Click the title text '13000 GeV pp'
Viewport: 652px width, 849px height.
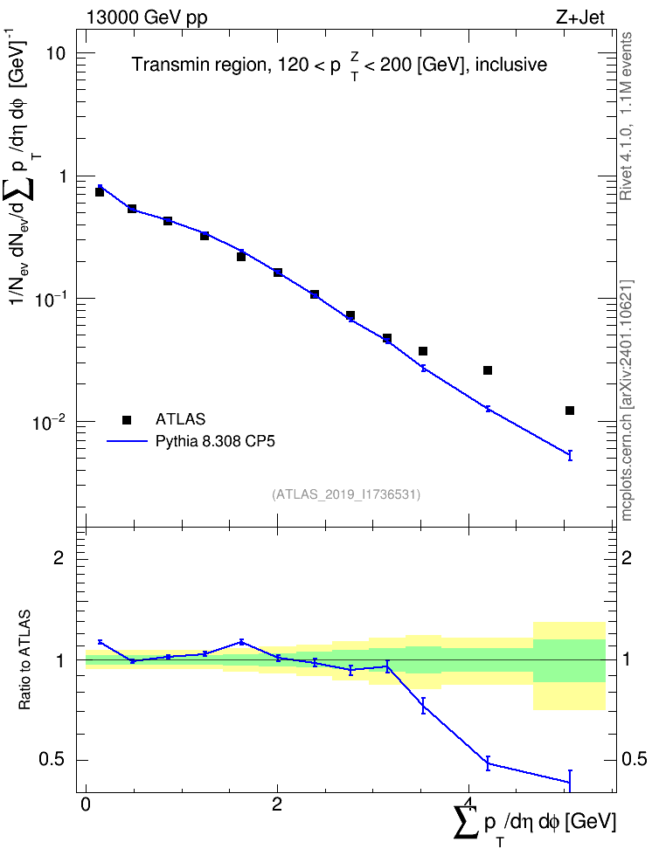pos(146,17)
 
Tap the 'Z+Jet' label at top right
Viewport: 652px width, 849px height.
pos(580,17)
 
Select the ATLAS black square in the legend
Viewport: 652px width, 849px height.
pos(127,419)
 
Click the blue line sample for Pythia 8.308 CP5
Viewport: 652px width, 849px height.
pos(127,441)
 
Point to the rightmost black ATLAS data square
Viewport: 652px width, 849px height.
pos(570,411)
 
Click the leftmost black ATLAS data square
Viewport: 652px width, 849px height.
pos(99,191)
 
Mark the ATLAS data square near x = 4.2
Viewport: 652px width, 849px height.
pos(487,370)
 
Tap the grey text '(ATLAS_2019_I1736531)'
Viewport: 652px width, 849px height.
pos(346,494)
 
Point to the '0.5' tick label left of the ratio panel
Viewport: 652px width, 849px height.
pos(52,760)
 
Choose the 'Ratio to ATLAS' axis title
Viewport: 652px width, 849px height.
pos(24,660)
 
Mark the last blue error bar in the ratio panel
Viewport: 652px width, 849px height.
pos(570,780)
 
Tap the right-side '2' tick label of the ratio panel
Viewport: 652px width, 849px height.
pos(627,557)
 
